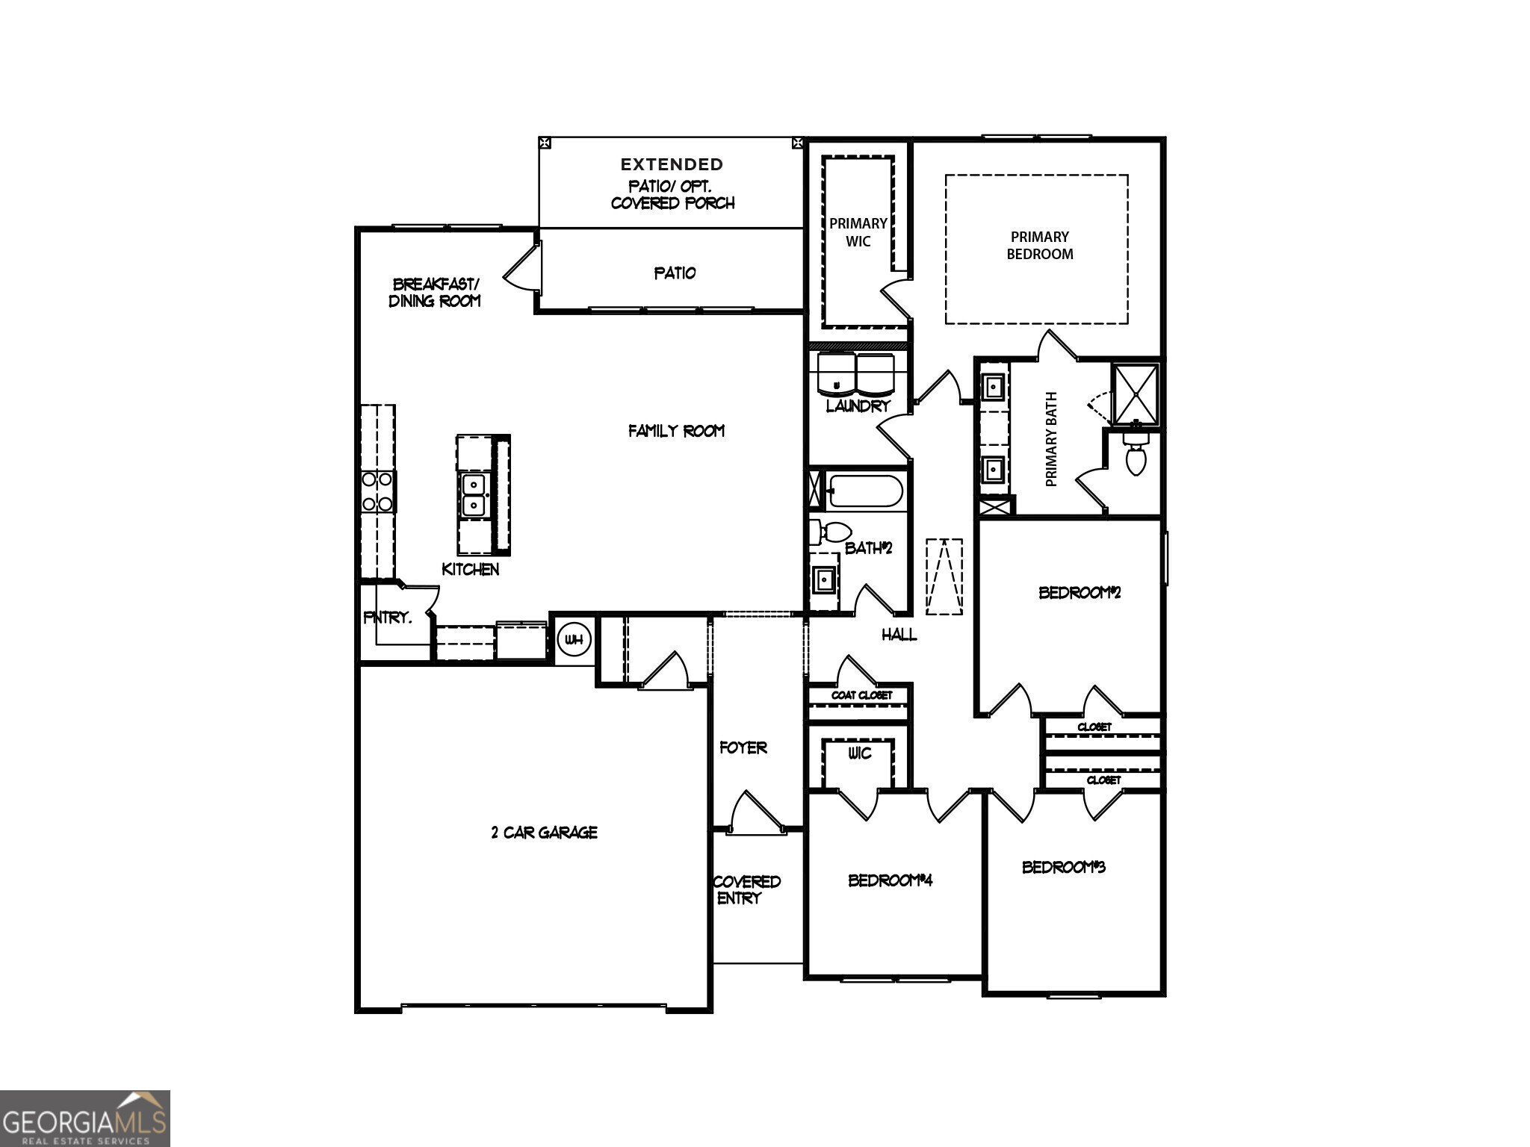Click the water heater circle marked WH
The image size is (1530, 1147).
click(574, 640)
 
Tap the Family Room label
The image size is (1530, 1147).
click(676, 431)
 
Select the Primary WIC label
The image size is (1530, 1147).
click(858, 232)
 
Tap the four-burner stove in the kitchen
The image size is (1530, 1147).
click(377, 491)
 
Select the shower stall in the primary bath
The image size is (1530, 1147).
click(1135, 394)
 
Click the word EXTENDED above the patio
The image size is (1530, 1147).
click(672, 164)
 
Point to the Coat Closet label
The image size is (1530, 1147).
click(861, 695)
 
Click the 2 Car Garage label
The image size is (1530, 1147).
click(544, 833)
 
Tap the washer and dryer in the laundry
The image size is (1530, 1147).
click(856, 375)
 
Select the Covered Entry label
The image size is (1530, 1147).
click(746, 889)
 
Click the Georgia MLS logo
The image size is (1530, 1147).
click(84, 1118)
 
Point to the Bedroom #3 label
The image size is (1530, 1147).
click(1063, 867)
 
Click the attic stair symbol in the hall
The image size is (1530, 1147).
click(944, 576)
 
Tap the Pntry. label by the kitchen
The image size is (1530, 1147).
click(387, 618)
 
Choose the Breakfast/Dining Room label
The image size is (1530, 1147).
click(435, 293)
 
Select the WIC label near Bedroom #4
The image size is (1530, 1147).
click(859, 753)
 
